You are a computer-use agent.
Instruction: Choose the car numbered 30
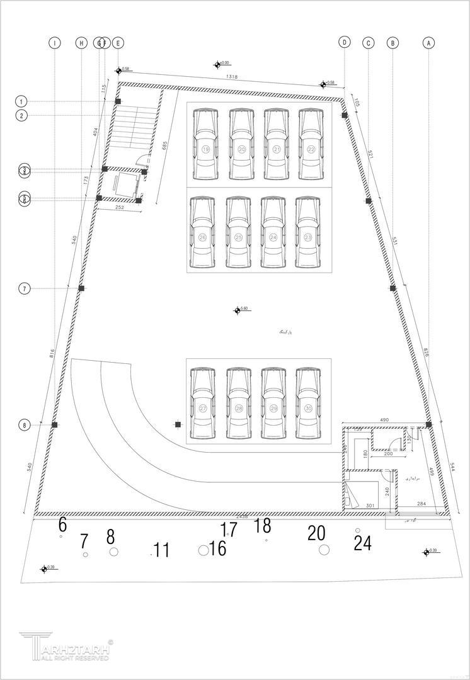(x=308, y=404)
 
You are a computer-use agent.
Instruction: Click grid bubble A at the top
(x=428, y=43)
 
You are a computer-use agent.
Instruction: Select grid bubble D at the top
(x=344, y=42)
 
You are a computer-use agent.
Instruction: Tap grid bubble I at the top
(x=55, y=43)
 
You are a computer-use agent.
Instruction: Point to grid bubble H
(x=81, y=43)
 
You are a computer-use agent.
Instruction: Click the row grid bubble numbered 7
(x=25, y=288)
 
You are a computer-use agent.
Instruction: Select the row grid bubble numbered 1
(x=22, y=101)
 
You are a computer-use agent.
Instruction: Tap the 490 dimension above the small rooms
(x=384, y=419)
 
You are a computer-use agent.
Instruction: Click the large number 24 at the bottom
(x=362, y=543)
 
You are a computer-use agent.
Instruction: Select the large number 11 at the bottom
(x=161, y=550)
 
